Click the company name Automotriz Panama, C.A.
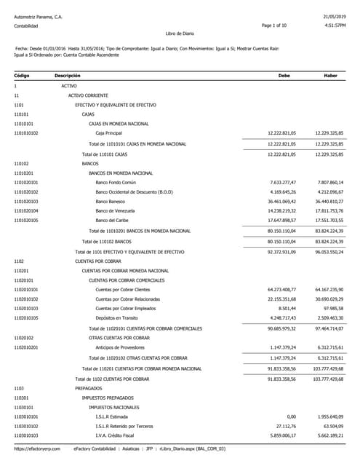(x=38, y=15)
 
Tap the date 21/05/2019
(x=333, y=15)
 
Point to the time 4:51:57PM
(x=332, y=25)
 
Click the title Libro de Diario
(x=180, y=33)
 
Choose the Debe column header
(x=284, y=75)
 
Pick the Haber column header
(x=330, y=75)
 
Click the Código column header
(x=22, y=75)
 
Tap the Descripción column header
(x=67, y=75)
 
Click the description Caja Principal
(x=109, y=133)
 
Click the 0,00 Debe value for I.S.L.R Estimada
(x=291, y=416)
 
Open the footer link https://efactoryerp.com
(x=34, y=450)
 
